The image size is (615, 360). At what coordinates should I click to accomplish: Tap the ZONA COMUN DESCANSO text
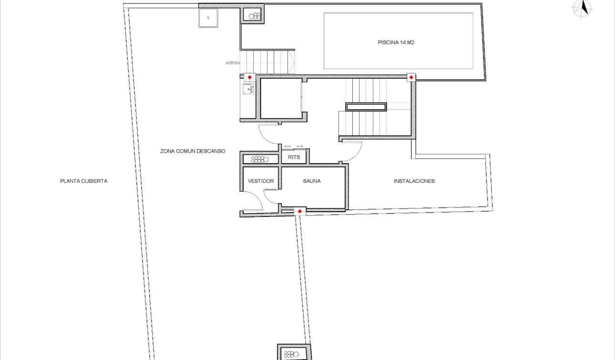[x=193, y=151]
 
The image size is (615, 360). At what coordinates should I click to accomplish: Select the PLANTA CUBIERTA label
[x=84, y=181]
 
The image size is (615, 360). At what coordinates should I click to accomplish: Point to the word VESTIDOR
[x=261, y=181]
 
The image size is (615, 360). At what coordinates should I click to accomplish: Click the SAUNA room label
[x=312, y=181]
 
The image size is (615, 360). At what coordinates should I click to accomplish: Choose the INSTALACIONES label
[x=414, y=181]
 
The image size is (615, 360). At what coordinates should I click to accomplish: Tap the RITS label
[x=294, y=157]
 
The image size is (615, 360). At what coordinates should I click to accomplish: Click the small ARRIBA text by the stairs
[x=233, y=63]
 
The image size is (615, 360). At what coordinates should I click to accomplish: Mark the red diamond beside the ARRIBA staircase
[x=249, y=77]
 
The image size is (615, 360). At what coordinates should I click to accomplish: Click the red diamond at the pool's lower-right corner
[x=411, y=77]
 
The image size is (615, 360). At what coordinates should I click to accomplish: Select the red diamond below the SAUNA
[x=299, y=211]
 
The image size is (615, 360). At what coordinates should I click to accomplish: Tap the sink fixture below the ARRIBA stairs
[x=248, y=89]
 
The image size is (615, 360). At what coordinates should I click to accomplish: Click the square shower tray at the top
[x=208, y=18]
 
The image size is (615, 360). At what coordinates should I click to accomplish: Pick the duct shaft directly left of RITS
[x=260, y=159]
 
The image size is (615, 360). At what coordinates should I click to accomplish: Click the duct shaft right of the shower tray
[x=253, y=16]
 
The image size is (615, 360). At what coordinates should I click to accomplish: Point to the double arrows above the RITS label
[x=294, y=146]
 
